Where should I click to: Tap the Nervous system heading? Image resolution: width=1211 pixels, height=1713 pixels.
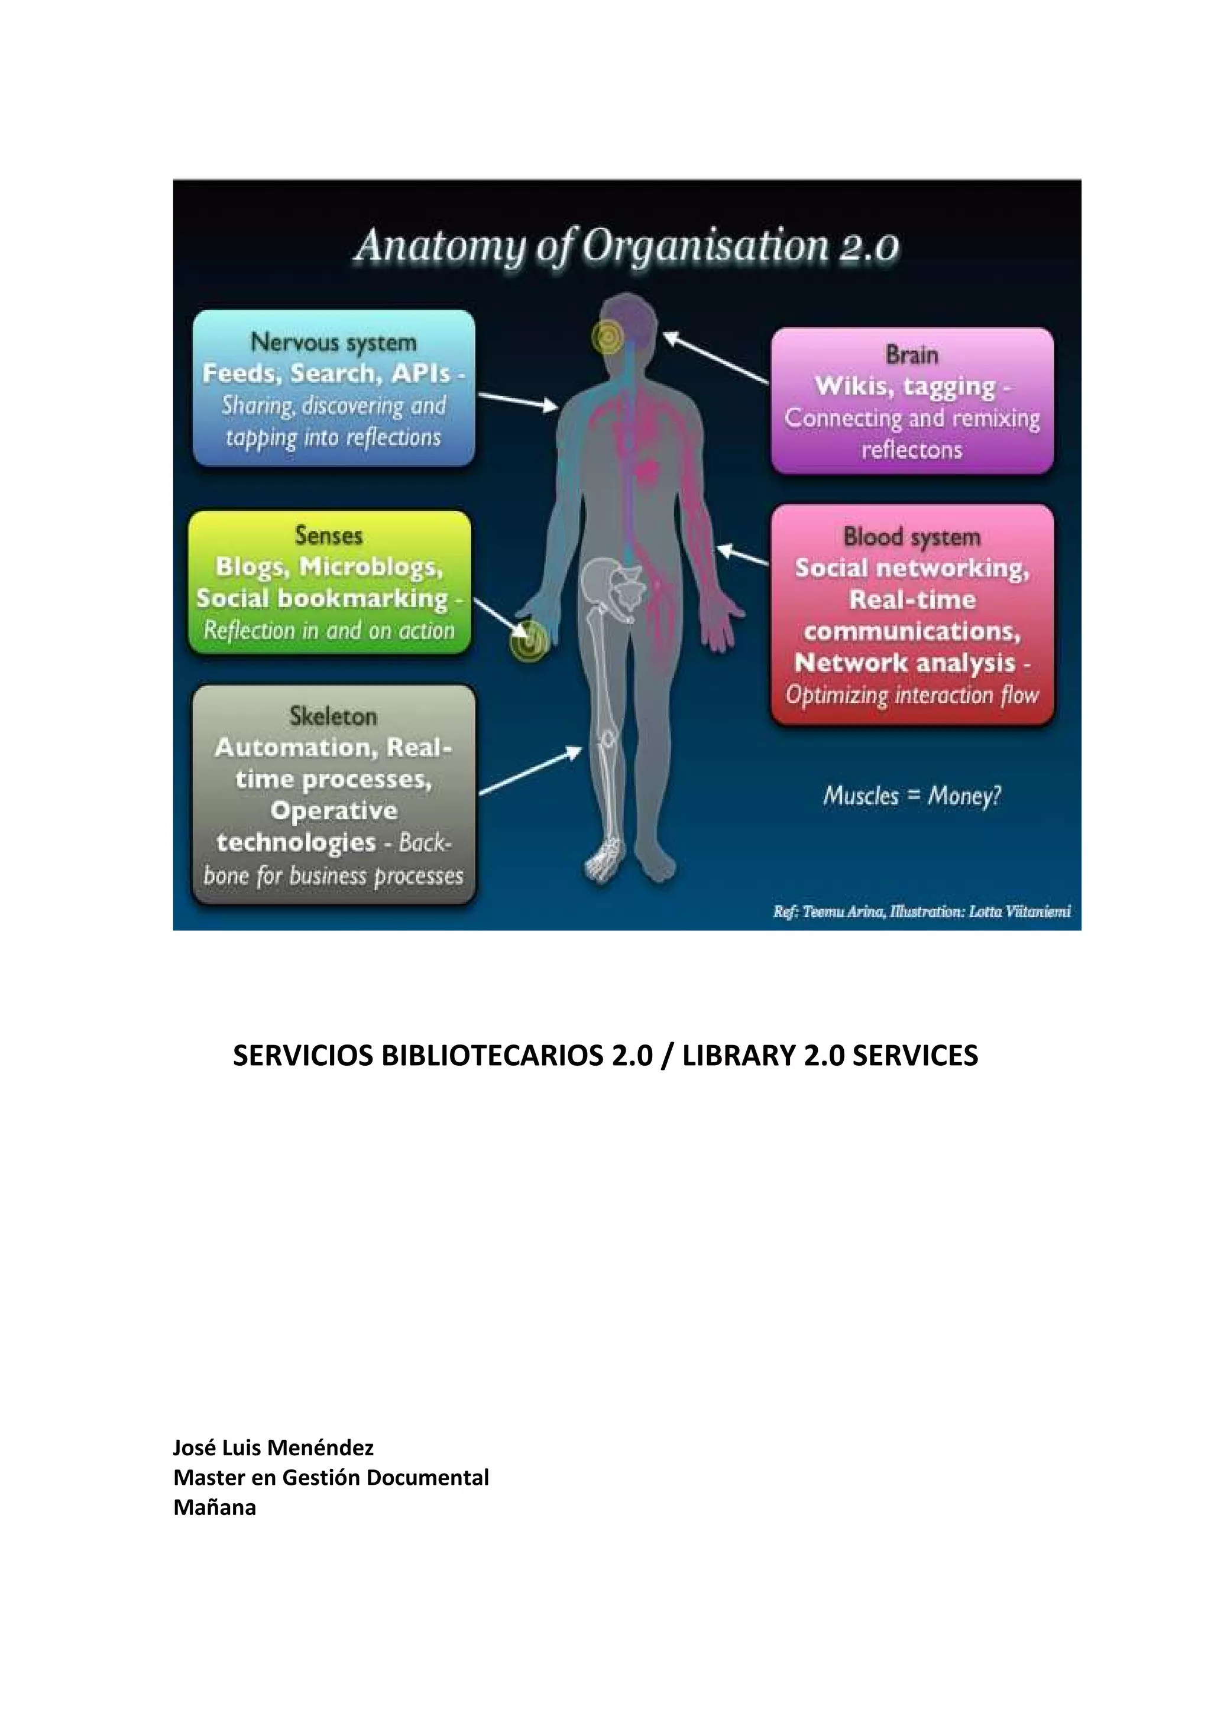(x=333, y=342)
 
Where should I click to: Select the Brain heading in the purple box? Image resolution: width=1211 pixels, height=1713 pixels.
(x=912, y=355)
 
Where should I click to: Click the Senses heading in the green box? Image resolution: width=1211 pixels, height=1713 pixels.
(x=328, y=535)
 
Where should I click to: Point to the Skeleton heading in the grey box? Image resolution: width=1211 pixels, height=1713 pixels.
(x=333, y=716)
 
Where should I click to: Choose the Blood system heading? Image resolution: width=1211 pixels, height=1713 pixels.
(x=912, y=537)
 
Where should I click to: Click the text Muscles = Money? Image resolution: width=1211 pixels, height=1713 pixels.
(x=912, y=796)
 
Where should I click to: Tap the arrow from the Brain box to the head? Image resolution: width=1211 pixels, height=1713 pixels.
(x=715, y=359)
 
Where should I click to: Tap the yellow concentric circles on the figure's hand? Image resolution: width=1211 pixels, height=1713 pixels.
(x=528, y=641)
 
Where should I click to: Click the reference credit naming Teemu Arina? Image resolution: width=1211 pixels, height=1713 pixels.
(x=921, y=911)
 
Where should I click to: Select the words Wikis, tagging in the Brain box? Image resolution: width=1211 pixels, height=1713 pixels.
(x=904, y=387)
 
